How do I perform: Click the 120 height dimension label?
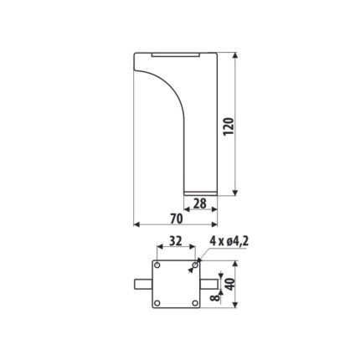[229, 126]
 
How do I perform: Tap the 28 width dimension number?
[200, 203]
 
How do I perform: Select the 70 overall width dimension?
[177, 219]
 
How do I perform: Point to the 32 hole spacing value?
[176, 241]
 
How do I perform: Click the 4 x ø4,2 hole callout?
[229, 241]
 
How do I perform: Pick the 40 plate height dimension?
[230, 285]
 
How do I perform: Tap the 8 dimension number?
[214, 298]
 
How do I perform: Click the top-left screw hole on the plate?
[157, 265]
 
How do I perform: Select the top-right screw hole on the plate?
[195, 265]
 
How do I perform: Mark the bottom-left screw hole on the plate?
[157, 303]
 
